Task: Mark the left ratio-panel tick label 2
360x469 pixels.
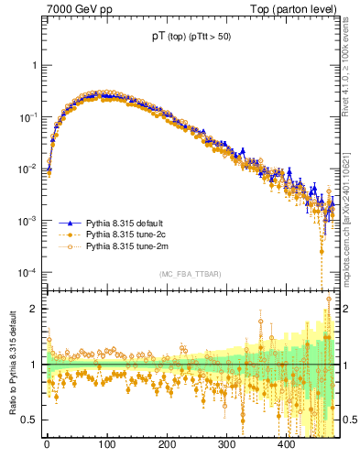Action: pos(34,309)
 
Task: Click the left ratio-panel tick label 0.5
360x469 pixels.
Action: pos(30,420)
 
